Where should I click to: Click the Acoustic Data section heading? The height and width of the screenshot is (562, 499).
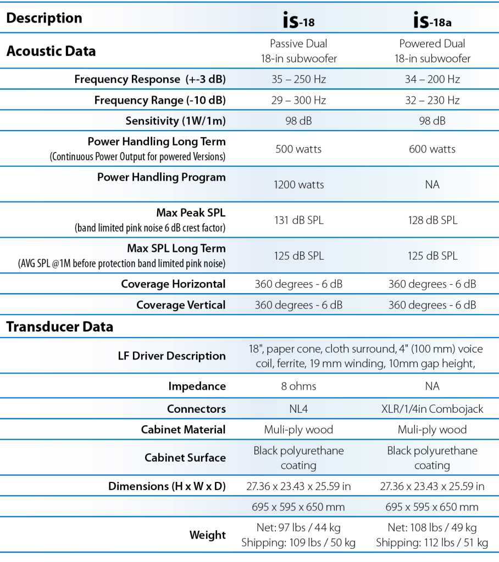(51, 51)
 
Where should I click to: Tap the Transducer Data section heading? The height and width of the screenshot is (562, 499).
(59, 327)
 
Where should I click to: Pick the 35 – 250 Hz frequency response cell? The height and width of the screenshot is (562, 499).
(298, 80)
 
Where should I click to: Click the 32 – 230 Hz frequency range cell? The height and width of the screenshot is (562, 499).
(432, 100)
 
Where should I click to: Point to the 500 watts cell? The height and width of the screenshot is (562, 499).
(298, 149)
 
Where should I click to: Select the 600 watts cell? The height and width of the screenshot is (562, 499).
(432, 149)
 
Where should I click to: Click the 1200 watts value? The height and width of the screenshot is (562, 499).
(298, 185)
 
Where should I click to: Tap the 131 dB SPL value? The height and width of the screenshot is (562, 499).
(298, 221)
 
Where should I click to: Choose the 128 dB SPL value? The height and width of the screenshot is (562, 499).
(432, 221)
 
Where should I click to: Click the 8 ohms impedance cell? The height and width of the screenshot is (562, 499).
(298, 386)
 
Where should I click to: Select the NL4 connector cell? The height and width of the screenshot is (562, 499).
(298, 409)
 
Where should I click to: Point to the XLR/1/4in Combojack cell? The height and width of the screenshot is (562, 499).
(432, 409)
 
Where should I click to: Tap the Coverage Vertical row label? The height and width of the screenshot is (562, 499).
(181, 305)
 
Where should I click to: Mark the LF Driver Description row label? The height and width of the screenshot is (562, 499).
(169, 356)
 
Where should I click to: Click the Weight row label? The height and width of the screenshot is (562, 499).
(207, 535)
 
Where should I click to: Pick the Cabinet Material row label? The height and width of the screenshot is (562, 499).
(183, 430)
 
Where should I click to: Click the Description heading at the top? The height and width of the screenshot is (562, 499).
(44, 18)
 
